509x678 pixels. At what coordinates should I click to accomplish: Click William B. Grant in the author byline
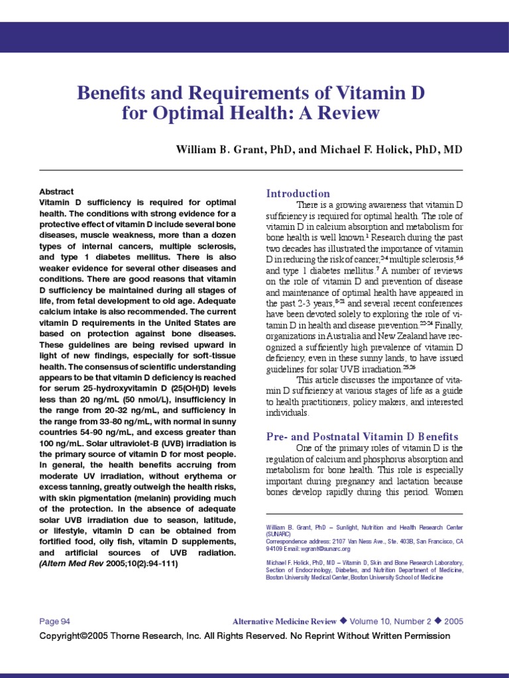tap(217, 150)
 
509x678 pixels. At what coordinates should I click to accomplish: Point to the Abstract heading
tap(56, 191)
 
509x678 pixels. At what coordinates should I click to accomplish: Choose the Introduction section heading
tap(298, 193)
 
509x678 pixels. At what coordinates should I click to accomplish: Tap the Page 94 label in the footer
tap(55, 621)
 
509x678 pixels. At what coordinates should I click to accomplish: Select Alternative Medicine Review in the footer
tap(284, 621)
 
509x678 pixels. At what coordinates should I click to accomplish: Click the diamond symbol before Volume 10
tap(343, 621)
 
